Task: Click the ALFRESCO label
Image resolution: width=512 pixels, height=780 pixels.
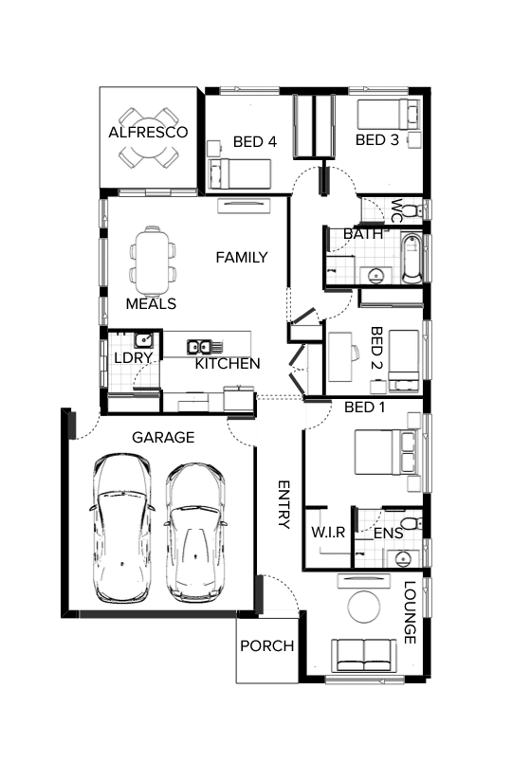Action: [x=148, y=132]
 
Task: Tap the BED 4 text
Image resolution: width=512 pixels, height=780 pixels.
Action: [x=254, y=142]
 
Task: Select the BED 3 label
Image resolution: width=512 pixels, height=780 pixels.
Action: [x=376, y=140]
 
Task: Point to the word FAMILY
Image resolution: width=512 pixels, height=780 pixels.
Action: [x=241, y=257]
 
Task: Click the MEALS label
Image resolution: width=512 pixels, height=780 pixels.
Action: [x=151, y=304]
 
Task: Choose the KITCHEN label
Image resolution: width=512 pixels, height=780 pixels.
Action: [x=228, y=364]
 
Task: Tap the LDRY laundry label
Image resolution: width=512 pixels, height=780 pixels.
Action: [x=128, y=359]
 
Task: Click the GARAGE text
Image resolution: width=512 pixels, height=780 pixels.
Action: [x=162, y=438]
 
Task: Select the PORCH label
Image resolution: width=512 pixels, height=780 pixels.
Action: [x=266, y=646]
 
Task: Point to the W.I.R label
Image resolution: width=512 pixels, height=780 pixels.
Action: [x=328, y=534]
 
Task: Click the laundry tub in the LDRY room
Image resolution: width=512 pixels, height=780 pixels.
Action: [x=143, y=340]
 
